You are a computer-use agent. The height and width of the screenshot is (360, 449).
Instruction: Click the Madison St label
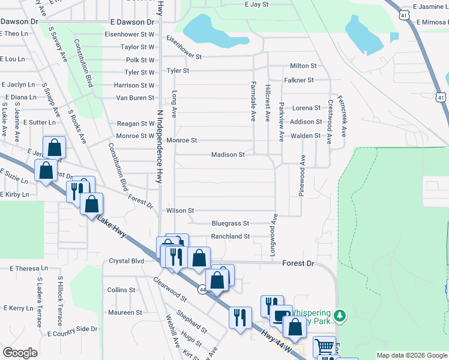click(228, 154)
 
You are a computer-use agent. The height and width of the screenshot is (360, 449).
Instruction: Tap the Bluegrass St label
click(230, 223)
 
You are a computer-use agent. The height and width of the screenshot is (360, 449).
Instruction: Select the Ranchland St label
click(230, 236)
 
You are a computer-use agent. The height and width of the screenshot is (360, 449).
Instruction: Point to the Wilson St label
click(180, 211)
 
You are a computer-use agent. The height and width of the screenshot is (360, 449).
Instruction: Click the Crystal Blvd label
click(127, 261)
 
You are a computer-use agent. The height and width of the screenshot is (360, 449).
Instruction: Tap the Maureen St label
click(125, 313)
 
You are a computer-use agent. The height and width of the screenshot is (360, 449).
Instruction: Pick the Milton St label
click(303, 65)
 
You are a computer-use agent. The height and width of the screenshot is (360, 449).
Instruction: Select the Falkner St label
click(300, 80)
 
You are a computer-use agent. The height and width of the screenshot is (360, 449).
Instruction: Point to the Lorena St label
click(306, 108)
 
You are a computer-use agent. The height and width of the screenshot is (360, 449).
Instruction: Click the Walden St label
click(306, 136)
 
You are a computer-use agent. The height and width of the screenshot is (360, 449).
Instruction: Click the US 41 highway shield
click(441, 97)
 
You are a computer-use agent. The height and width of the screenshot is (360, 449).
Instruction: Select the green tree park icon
click(340, 315)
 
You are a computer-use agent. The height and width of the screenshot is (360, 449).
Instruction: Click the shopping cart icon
click(324, 346)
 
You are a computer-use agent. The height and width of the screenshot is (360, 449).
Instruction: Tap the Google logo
click(20, 353)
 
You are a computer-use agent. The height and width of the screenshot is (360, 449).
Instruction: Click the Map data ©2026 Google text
click(412, 355)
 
